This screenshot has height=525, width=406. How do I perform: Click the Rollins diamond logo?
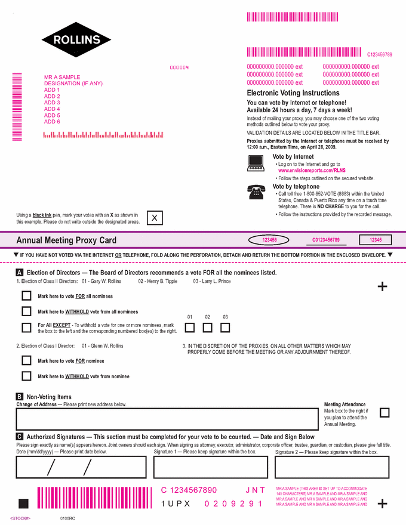coord(76,40)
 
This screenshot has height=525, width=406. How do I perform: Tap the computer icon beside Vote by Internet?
coord(256,162)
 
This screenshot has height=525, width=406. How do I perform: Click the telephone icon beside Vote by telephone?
coord(256,192)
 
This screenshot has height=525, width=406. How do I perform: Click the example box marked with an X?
coord(155,218)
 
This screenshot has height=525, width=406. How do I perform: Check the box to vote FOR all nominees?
coord(26,296)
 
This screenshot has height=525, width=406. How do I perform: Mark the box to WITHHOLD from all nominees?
coord(26,311)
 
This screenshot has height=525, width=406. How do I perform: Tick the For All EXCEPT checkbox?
coord(26,327)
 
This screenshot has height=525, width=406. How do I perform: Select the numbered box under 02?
coord(207,327)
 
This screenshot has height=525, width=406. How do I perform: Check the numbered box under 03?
coord(225,327)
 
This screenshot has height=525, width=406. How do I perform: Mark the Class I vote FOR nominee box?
coord(26,360)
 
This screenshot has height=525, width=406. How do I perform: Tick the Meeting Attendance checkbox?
coord(385,412)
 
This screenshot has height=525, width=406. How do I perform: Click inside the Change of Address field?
coord(167,419)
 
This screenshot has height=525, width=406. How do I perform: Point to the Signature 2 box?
coord(332,467)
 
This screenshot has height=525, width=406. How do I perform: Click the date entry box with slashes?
coord(81,467)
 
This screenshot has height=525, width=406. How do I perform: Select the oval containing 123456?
coord(270,240)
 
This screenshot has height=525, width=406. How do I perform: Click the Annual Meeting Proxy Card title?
coord(66,240)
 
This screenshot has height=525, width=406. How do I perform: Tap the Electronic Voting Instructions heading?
coord(293,93)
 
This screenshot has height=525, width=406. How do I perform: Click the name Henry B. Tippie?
coord(158,281)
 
